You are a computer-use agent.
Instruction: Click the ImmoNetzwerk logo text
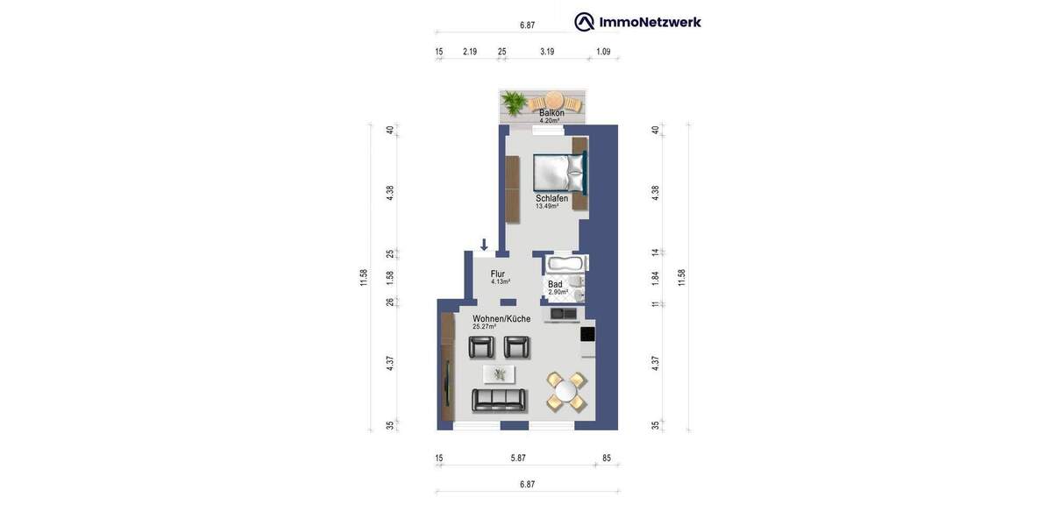point(649,22)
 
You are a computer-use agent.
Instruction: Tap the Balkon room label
point(551,112)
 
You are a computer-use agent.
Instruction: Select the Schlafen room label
point(551,198)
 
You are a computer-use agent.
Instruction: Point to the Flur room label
point(498,274)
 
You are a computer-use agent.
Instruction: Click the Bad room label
point(555,284)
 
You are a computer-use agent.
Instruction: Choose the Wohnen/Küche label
point(501,319)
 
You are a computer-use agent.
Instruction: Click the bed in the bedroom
point(558,173)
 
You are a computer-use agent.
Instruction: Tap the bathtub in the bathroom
point(566,263)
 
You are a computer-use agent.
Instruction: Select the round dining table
point(566,392)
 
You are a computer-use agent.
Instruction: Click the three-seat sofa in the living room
point(499,400)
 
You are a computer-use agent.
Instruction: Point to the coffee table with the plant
point(499,374)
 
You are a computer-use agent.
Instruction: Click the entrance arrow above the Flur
point(484,245)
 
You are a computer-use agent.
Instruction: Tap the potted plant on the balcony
point(514,104)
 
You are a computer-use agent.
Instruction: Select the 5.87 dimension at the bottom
point(518,458)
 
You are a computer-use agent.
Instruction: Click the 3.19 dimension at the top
point(547,52)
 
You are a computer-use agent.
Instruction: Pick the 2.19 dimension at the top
point(470,52)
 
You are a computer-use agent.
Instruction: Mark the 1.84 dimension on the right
point(655,278)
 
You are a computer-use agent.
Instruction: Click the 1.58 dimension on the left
point(390,277)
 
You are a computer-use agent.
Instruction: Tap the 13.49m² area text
point(547,207)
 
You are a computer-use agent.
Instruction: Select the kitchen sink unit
point(563,313)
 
